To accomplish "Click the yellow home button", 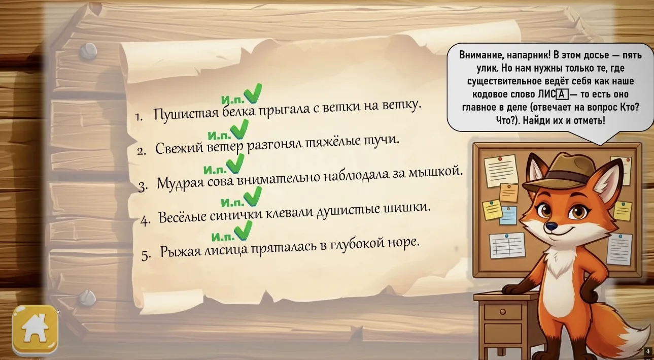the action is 35,330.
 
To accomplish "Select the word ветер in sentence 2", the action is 225,146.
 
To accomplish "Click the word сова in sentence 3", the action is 220,181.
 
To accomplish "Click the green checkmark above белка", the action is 253,93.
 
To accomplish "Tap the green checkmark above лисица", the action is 243,230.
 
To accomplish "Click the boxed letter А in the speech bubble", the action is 562,94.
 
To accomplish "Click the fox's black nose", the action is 550,226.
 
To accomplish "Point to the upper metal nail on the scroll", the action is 88,52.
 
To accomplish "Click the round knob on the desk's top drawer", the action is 503,312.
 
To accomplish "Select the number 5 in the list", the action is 146,256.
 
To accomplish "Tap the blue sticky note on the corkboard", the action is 508,215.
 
